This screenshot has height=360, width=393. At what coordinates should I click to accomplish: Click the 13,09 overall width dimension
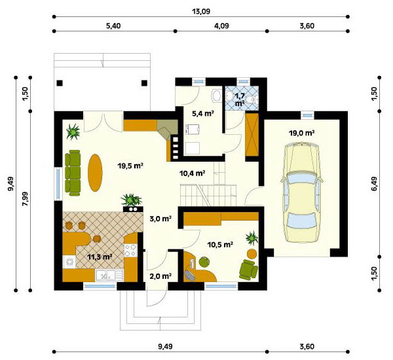pyautogui.click(x=202, y=12)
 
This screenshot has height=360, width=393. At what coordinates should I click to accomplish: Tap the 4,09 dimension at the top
pyautogui.click(x=221, y=26)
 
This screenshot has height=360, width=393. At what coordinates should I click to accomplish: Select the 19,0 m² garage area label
pyautogui.click(x=302, y=133)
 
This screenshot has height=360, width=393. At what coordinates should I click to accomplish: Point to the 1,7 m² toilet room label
pyautogui.click(x=239, y=99)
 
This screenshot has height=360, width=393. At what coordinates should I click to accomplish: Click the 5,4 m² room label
pyautogui.click(x=203, y=113)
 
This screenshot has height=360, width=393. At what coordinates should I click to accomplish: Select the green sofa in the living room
pyautogui.click(x=73, y=173)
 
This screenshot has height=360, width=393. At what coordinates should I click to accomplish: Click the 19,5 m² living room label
pyautogui.click(x=130, y=166)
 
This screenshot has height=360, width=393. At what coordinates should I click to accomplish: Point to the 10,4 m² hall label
pyautogui.click(x=193, y=173)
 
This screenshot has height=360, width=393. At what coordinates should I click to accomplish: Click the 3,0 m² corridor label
pyautogui.click(x=160, y=219)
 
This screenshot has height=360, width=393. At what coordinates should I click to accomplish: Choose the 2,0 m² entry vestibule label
pyautogui.click(x=160, y=276)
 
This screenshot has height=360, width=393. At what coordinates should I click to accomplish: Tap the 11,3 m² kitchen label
pyautogui.click(x=100, y=257)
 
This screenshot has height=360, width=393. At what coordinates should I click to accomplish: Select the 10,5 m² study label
pyautogui.click(x=221, y=244)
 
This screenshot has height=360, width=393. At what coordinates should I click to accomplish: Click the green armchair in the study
pyautogui.click(x=248, y=269)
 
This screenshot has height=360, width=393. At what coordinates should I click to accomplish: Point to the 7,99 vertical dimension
pyautogui.click(x=25, y=200)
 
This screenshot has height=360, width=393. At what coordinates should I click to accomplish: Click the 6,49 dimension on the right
pyautogui.click(x=374, y=184)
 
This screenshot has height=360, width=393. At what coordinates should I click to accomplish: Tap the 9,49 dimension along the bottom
pyautogui.click(x=165, y=346)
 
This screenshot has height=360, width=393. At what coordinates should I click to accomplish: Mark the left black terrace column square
pyautogui.click(x=60, y=83)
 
